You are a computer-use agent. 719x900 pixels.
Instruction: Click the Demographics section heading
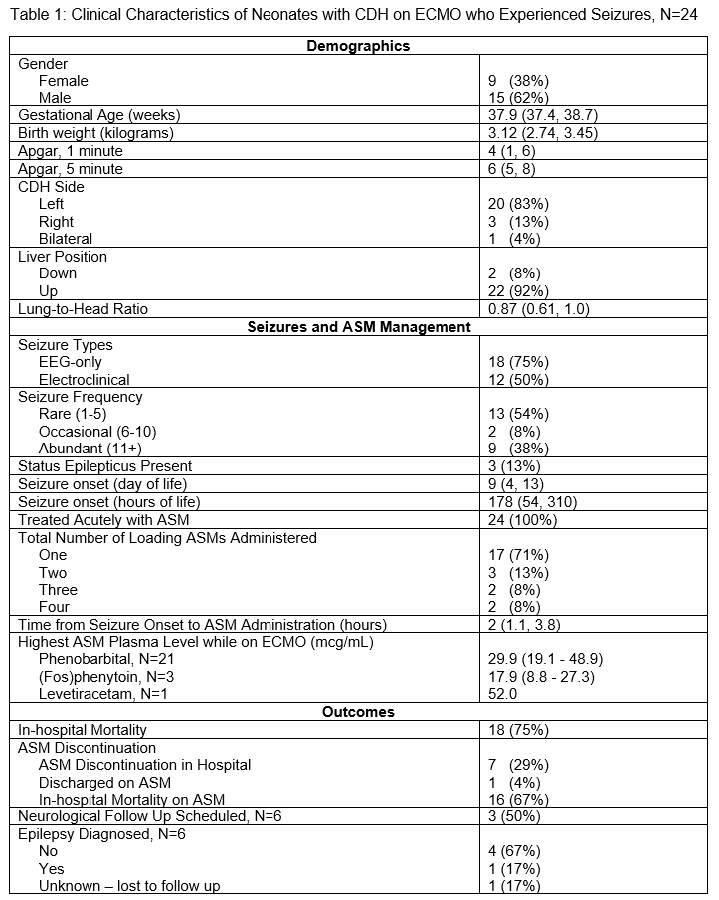[x=358, y=46]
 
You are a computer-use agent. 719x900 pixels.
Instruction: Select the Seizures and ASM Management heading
[x=358, y=326]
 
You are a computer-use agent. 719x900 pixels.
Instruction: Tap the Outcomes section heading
[x=358, y=712]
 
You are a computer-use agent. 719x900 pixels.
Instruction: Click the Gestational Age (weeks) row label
[x=99, y=115]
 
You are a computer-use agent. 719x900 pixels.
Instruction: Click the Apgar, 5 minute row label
[x=71, y=169]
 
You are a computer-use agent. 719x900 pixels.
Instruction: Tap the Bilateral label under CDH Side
[x=66, y=239]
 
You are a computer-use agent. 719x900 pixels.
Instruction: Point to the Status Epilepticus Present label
[x=105, y=465]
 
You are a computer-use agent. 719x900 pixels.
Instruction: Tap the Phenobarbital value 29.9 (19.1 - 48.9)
[x=545, y=659]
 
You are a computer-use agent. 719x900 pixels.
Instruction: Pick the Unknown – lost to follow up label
[x=129, y=886]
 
